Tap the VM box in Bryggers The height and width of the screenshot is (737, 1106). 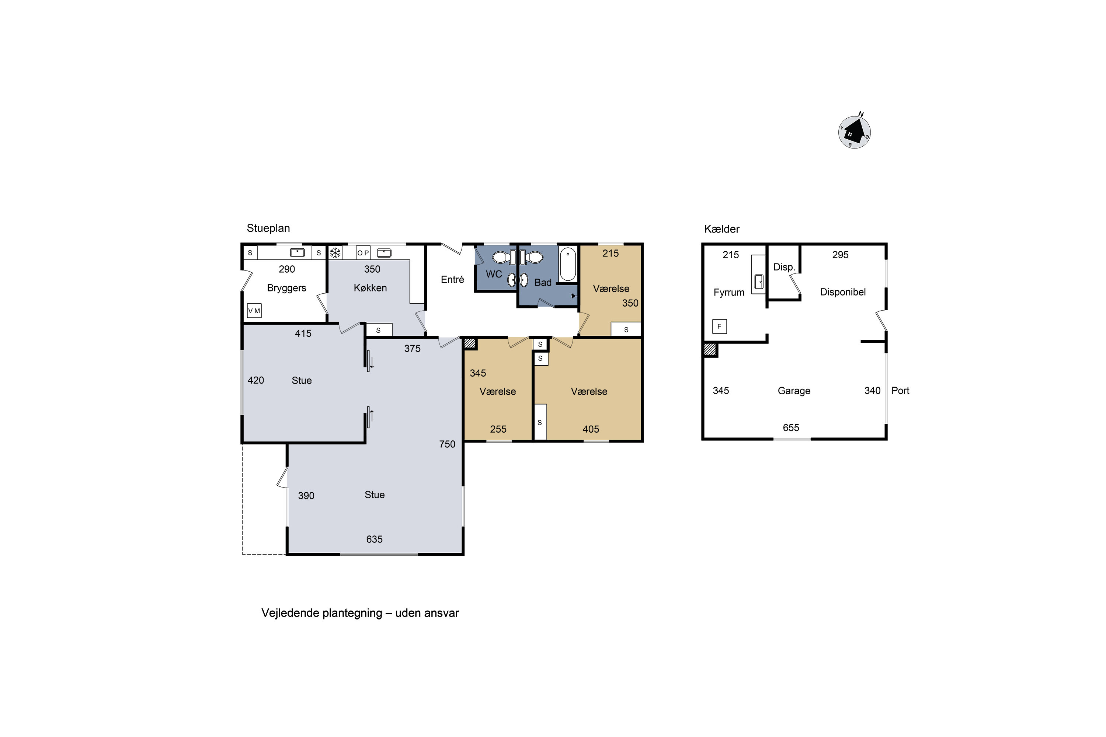point(254,311)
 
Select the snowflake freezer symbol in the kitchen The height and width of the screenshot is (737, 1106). point(335,253)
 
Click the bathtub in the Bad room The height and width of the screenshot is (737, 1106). point(568,264)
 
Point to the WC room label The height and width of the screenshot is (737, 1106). point(494,274)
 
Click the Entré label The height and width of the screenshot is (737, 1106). point(452,280)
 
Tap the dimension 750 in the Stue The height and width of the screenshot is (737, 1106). point(447,444)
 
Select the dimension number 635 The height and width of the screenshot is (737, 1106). point(374,539)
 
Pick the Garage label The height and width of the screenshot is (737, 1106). point(794,391)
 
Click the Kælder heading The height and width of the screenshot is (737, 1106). point(722,229)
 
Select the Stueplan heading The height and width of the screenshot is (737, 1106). point(268,228)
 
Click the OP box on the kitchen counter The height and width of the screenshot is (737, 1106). point(363,253)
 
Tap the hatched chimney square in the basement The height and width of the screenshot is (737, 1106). point(710,350)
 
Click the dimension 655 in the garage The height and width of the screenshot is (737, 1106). point(791,428)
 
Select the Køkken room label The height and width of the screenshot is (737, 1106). point(370,288)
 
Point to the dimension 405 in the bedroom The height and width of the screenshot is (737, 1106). point(591,429)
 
